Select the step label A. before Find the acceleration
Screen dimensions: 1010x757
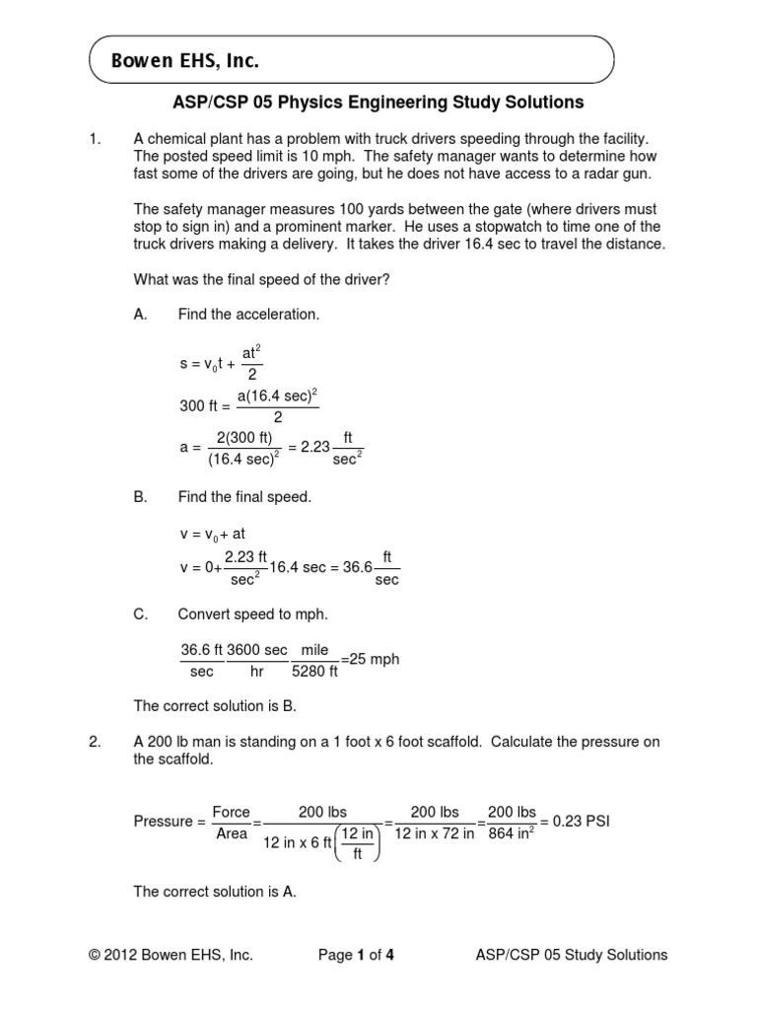(140, 315)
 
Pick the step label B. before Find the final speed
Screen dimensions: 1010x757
(140, 497)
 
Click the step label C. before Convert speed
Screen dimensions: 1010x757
(140, 613)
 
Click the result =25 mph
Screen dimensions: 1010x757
(370, 659)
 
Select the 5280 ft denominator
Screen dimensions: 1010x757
(314, 672)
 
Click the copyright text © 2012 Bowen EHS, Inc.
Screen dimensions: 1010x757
(171, 955)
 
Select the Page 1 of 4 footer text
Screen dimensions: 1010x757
(358, 955)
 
